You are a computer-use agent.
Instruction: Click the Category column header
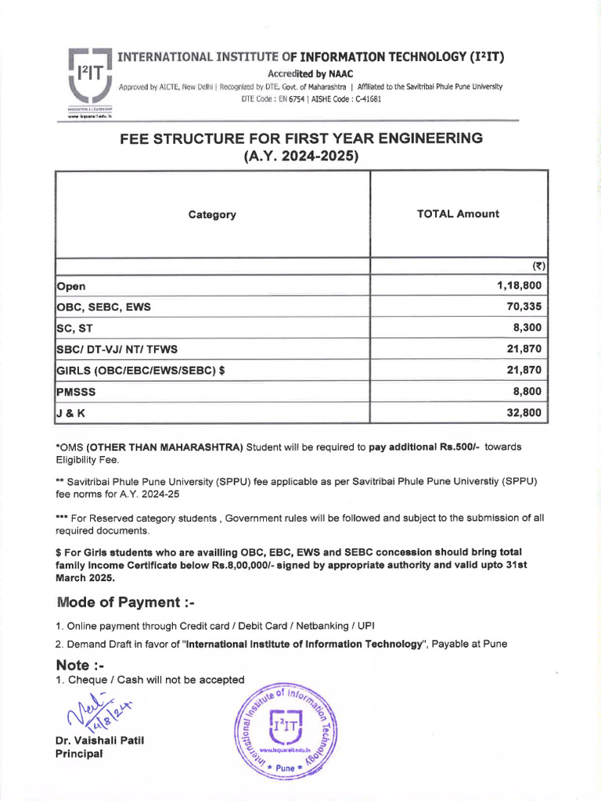click(212, 214)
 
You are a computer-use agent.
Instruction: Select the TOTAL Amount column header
click(458, 214)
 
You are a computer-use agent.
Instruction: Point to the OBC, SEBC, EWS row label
click(103, 307)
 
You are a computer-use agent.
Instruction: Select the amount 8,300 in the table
click(526, 328)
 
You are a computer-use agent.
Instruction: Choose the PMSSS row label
click(77, 391)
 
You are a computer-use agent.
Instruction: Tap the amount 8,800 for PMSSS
click(526, 390)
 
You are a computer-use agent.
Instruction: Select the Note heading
click(81, 665)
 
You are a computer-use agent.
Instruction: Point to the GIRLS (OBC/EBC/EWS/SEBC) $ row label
click(141, 370)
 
